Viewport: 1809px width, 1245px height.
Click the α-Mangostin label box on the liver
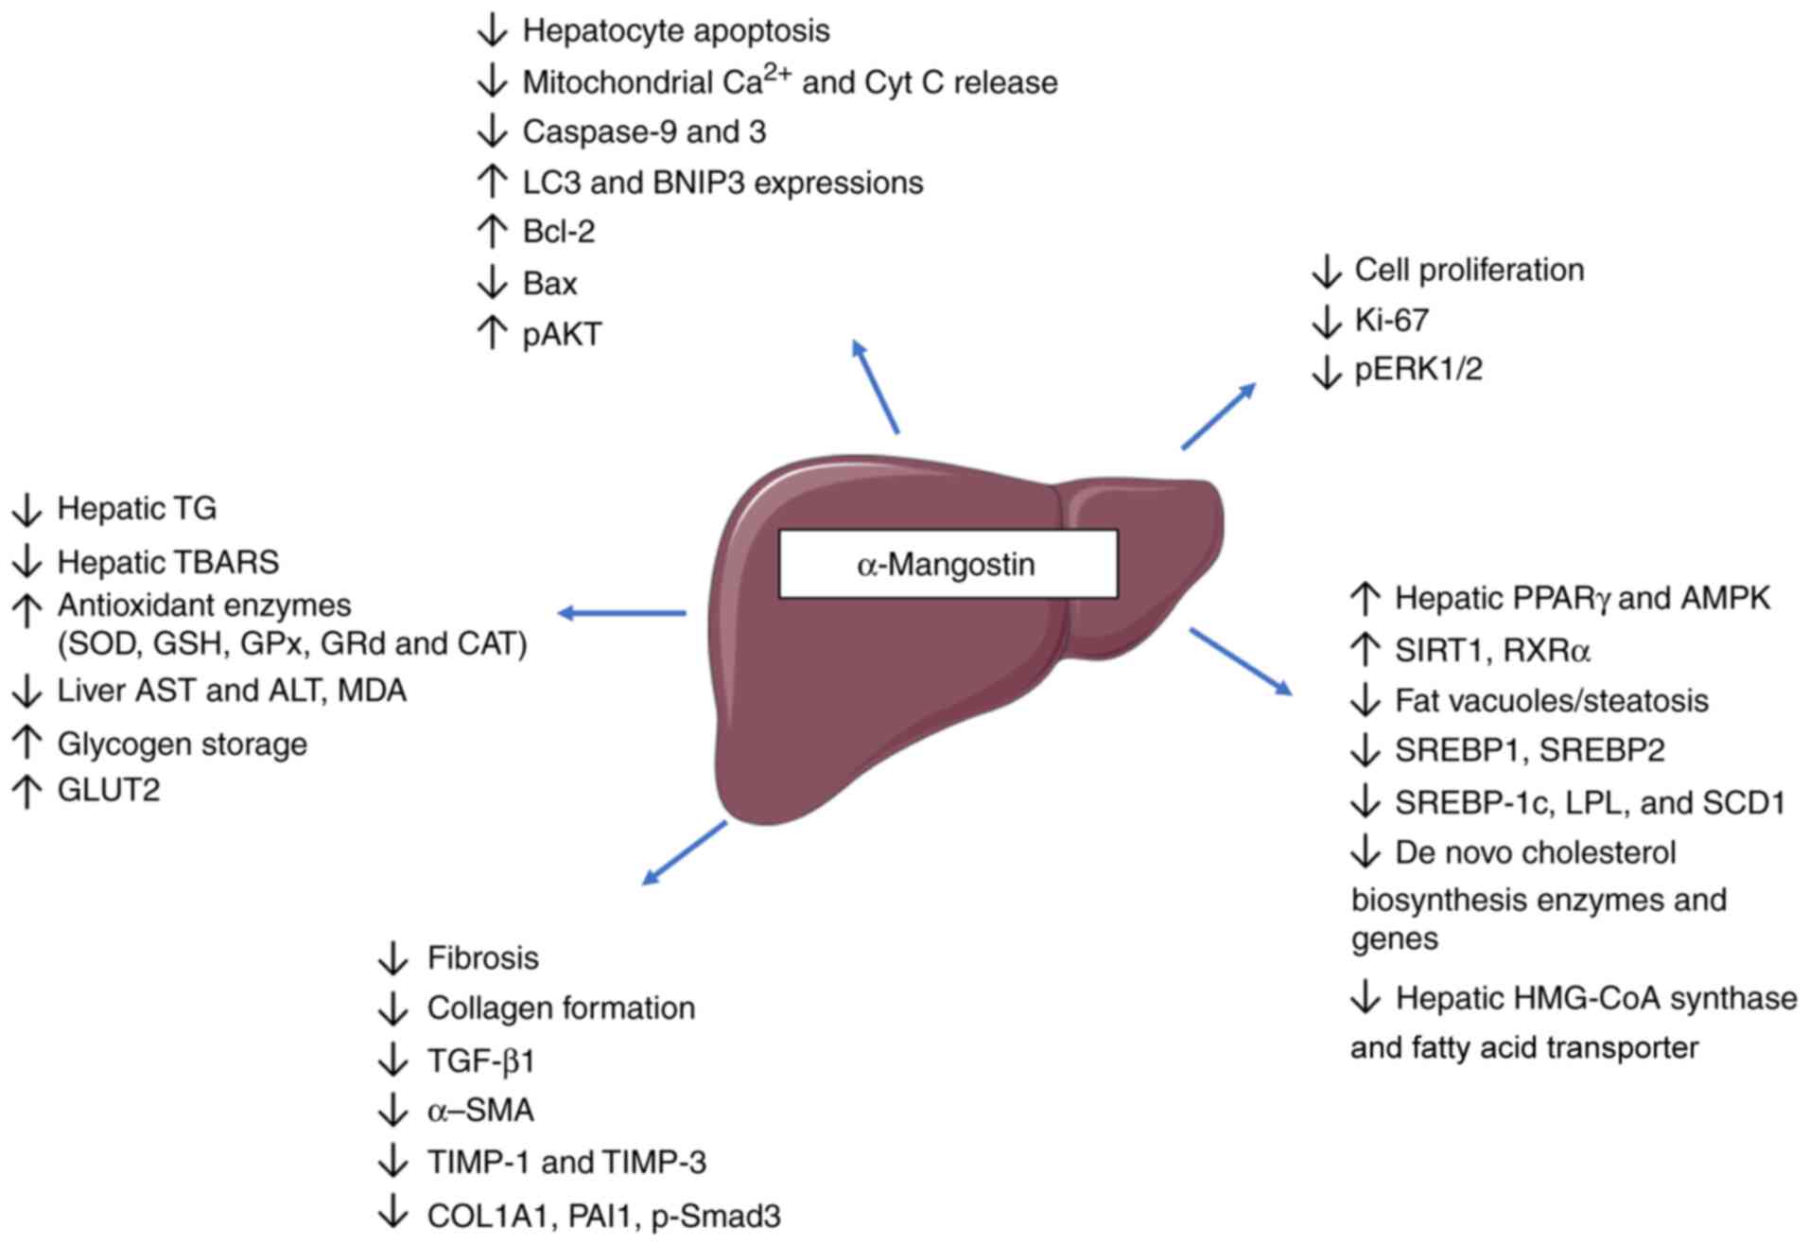pos(948,564)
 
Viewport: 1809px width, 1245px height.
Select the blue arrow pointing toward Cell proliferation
pos(1219,416)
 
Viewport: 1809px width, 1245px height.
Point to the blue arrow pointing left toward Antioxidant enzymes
pos(621,613)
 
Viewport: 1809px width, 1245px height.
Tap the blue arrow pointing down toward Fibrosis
pos(684,853)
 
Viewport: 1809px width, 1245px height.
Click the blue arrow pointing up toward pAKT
pos(875,386)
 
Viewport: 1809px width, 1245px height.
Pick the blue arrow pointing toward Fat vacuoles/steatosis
pos(1241,661)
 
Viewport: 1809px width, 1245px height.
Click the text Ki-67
pos(1391,320)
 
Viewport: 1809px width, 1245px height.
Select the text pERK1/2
pos(1418,369)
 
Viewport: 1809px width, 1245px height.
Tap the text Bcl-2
pos(559,232)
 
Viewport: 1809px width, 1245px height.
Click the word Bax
pos(549,283)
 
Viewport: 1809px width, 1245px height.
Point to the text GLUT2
pos(109,789)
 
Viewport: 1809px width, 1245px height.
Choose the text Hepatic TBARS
pos(168,562)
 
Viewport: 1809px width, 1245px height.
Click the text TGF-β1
pos(481,1061)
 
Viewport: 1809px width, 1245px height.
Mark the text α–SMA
pos(480,1110)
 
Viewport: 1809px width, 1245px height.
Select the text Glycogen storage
pos(183,745)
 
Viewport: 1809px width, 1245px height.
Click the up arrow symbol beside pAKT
pos(492,333)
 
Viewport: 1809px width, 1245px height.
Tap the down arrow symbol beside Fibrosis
pos(392,958)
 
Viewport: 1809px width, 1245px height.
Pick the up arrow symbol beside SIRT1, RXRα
pos(1365,649)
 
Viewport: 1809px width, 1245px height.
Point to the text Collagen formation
pos(562,1008)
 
